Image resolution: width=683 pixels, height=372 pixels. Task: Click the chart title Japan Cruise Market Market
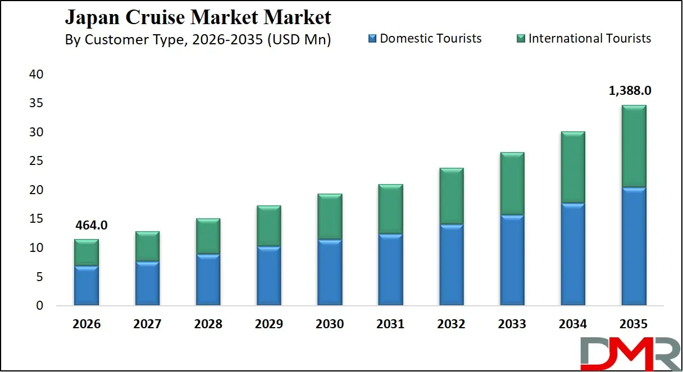click(x=198, y=17)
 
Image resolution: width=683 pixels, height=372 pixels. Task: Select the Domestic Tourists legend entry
click(x=425, y=39)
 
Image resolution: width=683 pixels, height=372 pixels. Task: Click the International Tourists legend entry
click(x=584, y=39)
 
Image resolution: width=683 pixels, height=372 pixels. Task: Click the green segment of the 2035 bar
click(x=634, y=146)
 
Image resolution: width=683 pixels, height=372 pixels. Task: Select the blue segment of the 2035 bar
click(x=634, y=247)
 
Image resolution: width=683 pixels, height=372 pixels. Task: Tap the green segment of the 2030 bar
click(x=330, y=217)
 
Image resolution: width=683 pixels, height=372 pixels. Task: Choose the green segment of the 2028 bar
click(x=208, y=236)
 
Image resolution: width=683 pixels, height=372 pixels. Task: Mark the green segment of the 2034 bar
click(x=573, y=167)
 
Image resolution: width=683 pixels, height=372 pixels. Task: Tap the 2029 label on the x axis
click(x=268, y=324)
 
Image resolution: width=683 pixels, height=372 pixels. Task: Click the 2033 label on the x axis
click(x=512, y=324)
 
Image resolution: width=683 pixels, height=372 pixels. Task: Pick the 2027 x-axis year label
click(x=147, y=324)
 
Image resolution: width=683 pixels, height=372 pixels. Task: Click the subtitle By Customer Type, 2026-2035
click(x=198, y=40)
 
